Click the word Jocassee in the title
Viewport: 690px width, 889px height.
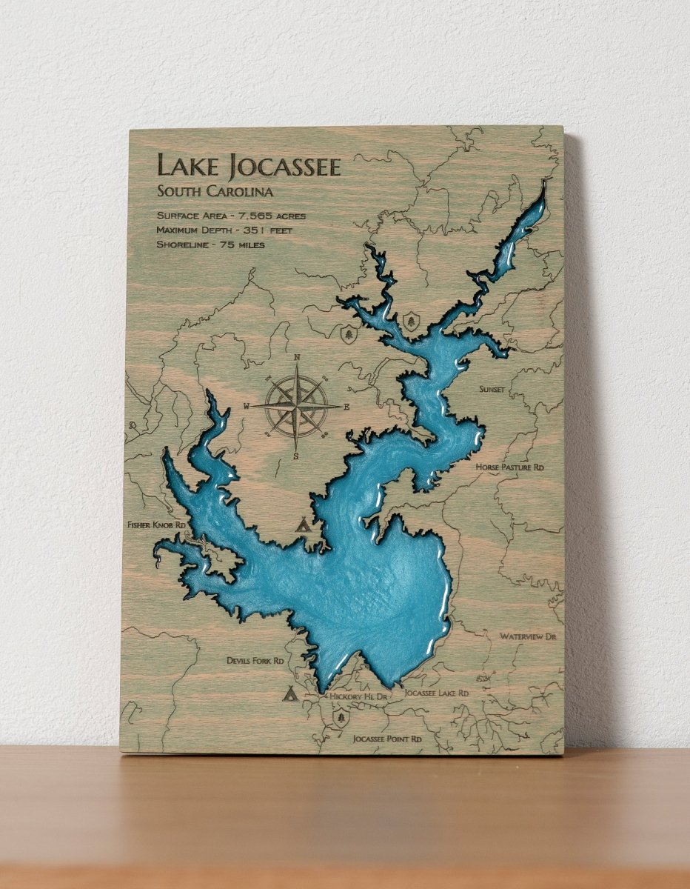tap(286, 166)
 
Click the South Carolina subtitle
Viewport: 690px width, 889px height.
tap(215, 191)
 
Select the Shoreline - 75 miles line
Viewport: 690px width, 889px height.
tap(211, 244)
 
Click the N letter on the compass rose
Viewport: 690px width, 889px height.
tap(297, 358)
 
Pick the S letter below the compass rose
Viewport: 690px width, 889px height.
tap(296, 456)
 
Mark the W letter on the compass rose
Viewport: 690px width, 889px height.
tap(247, 406)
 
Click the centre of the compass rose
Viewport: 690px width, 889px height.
tap(297, 406)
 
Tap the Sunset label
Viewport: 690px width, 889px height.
tap(492, 389)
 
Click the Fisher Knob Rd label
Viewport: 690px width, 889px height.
tap(156, 525)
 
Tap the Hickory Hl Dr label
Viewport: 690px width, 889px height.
tap(359, 696)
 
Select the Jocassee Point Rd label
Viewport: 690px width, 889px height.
tap(387, 739)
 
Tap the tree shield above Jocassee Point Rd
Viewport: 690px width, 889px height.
tap(340, 717)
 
